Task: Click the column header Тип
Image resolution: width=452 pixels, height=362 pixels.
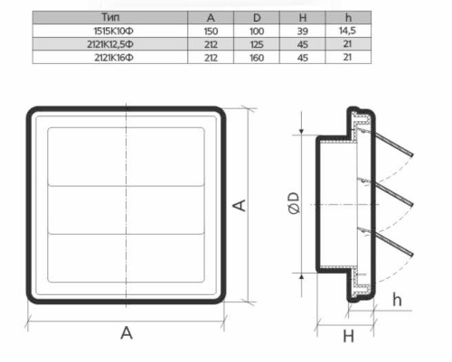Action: tap(110, 17)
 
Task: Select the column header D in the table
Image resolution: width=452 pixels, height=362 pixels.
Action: tap(257, 18)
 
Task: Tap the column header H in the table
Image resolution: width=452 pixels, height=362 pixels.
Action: tap(303, 18)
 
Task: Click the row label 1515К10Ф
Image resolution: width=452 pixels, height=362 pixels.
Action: tap(114, 31)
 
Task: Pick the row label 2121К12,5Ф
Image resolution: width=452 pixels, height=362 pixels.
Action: tap(110, 44)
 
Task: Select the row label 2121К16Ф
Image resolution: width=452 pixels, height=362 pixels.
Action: tap(114, 58)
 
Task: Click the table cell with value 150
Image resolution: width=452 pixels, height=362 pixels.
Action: tap(211, 32)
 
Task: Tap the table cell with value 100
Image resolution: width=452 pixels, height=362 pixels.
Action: tap(257, 32)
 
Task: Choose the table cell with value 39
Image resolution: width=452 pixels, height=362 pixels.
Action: tap(303, 32)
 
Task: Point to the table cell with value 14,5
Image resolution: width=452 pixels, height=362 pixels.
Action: tap(347, 31)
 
